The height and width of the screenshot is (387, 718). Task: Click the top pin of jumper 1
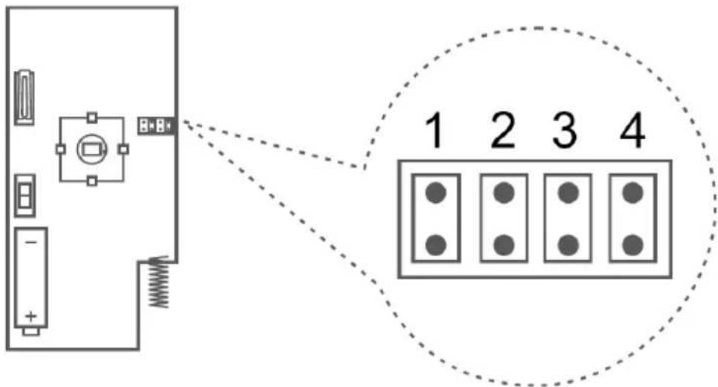point(436,193)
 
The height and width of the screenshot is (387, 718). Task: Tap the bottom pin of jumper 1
point(436,245)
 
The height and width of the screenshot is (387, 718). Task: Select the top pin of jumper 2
point(503,193)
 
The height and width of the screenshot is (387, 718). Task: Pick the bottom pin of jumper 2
point(503,245)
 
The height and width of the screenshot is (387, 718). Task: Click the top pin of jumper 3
point(568,193)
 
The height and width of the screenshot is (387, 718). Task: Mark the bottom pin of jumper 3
point(568,245)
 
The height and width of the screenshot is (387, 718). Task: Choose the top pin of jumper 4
point(633,193)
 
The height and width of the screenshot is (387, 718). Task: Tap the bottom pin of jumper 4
point(633,245)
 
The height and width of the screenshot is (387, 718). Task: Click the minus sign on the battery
point(30,242)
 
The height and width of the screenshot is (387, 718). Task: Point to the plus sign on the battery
point(30,316)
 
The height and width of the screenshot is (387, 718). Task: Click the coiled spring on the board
point(159,282)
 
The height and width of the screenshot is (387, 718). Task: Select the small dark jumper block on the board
point(156,125)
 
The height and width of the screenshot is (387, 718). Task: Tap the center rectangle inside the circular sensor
point(91,149)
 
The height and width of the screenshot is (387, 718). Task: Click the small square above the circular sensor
point(92,117)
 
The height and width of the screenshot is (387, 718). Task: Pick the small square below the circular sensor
point(92,181)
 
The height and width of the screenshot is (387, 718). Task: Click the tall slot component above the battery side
point(25,97)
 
